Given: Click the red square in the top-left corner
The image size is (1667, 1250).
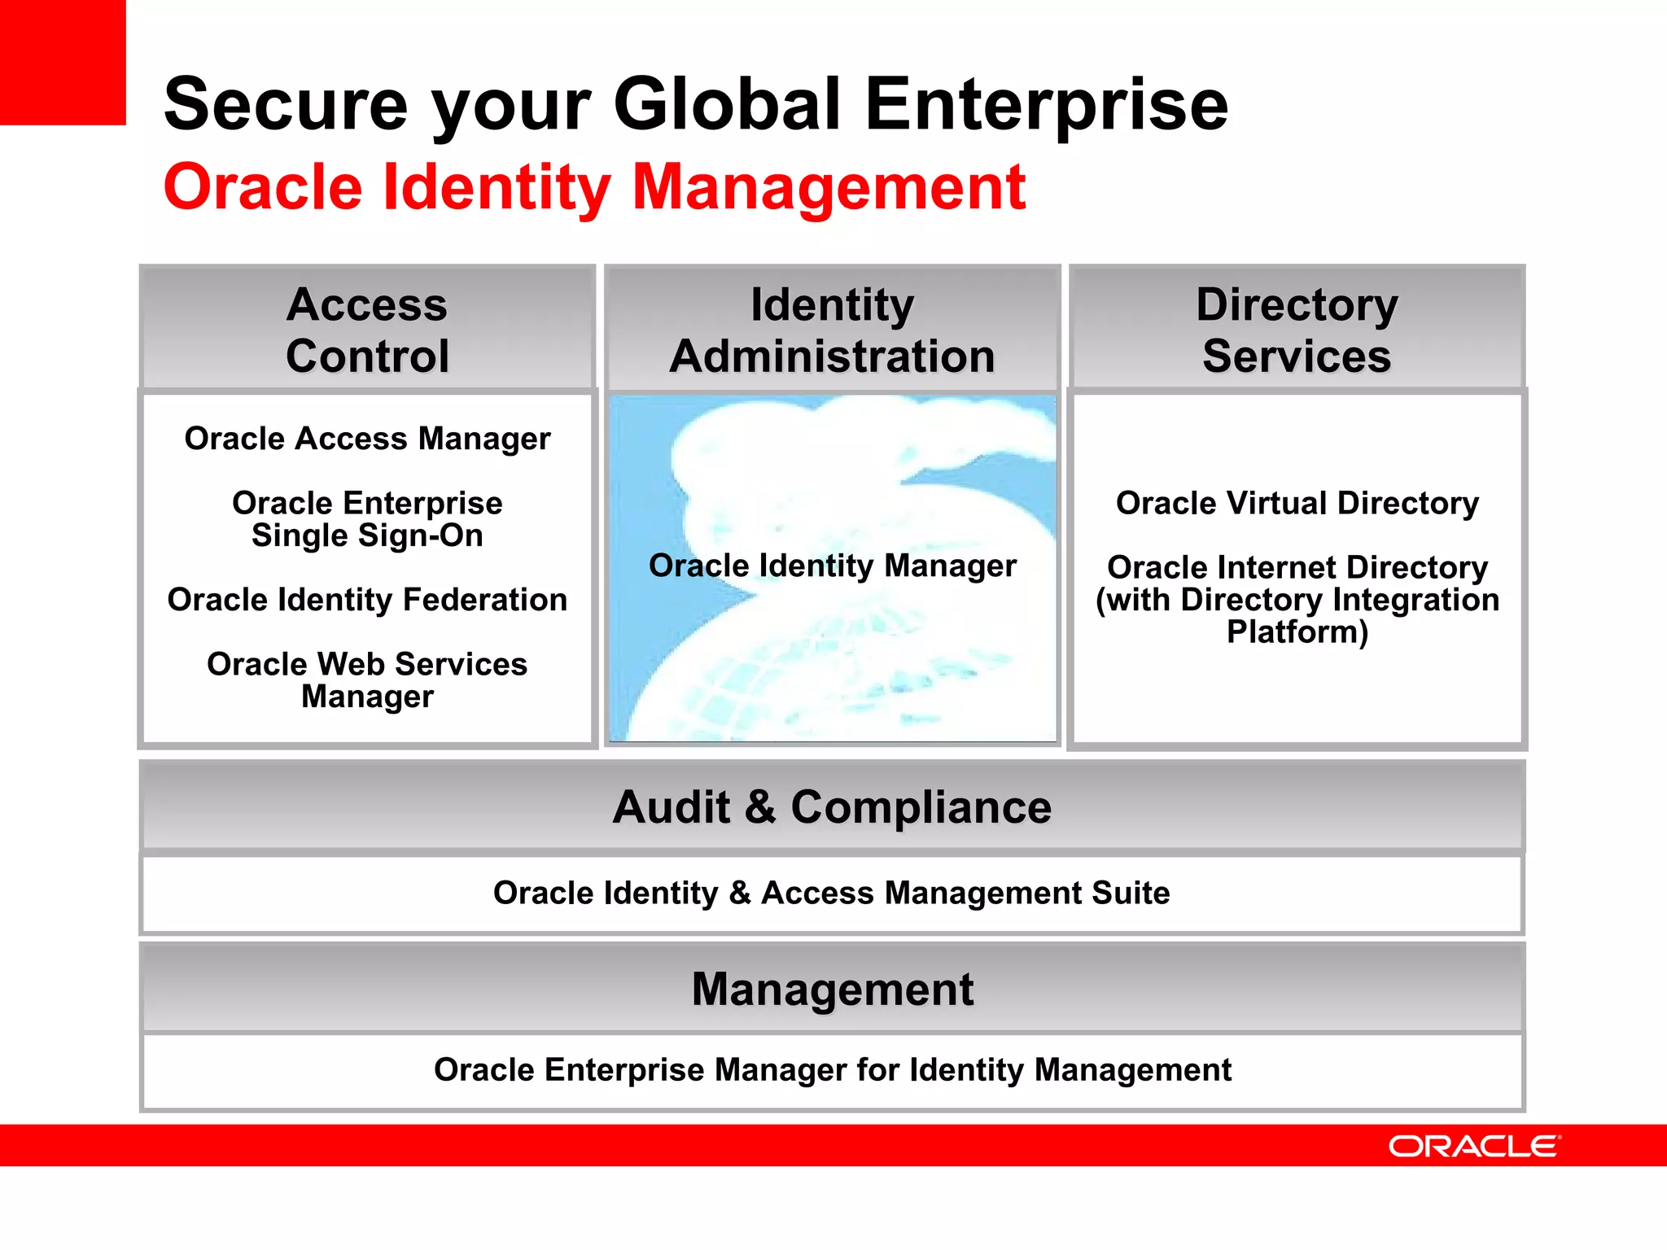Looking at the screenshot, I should point(62,62).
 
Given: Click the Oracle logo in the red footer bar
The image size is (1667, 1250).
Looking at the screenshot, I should point(1473,1146).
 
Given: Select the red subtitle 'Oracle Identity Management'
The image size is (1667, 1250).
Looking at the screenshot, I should point(594,187).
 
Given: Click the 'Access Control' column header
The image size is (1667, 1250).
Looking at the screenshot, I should point(367,330).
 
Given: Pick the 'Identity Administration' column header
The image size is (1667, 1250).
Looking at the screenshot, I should point(832,330).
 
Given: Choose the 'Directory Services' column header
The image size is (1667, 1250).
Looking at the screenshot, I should point(1297,330).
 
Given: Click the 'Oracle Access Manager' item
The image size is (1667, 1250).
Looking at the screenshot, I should point(367,439).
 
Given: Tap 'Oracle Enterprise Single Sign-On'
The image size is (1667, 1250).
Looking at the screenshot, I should point(367,519).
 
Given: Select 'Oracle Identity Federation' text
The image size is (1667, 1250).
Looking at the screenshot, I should point(367,600).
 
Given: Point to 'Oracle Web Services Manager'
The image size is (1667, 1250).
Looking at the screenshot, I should point(367,680).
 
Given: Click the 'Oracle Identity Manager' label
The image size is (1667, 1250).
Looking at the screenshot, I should point(832,566).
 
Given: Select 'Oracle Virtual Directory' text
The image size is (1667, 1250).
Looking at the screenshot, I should point(1297,503).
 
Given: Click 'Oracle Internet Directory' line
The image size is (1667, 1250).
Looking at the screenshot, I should point(1297,567).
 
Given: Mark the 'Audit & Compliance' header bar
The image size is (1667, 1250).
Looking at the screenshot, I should point(832,807).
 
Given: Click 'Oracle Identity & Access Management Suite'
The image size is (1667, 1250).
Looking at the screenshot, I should point(832,893).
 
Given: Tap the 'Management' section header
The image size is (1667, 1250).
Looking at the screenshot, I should point(832,990).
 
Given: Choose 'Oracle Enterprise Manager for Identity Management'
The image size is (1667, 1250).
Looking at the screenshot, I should point(832,1069).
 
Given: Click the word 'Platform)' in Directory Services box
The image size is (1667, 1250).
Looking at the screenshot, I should point(1297,632).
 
